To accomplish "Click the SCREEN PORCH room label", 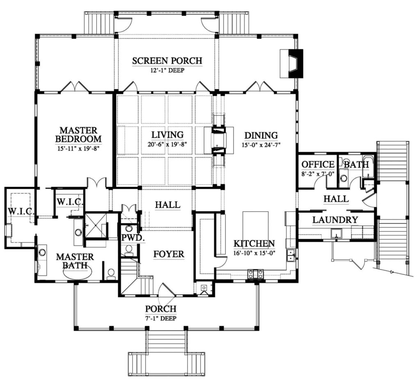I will click(x=167, y=61).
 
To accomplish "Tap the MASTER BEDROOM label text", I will click(x=78, y=135).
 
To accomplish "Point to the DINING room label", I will click(x=261, y=135).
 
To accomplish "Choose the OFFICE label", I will click(x=317, y=164).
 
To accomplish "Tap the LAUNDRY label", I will click(x=335, y=220).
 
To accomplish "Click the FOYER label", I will click(x=169, y=254).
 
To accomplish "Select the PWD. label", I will click(x=129, y=237).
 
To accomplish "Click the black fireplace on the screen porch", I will click(x=295, y=63).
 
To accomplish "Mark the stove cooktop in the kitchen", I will click(x=255, y=275).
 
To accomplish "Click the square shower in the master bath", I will click(x=95, y=225).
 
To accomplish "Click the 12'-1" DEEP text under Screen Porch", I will click(x=167, y=70).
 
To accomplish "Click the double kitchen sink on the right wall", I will click(x=291, y=255).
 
